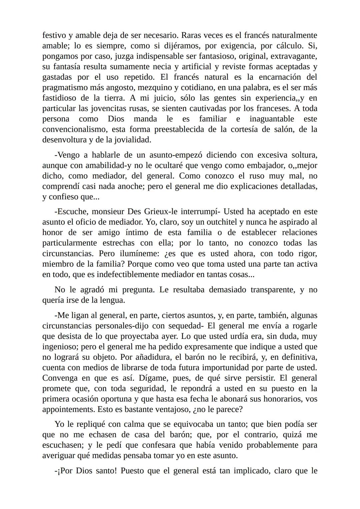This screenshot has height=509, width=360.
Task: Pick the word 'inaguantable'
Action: tap(272, 119)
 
